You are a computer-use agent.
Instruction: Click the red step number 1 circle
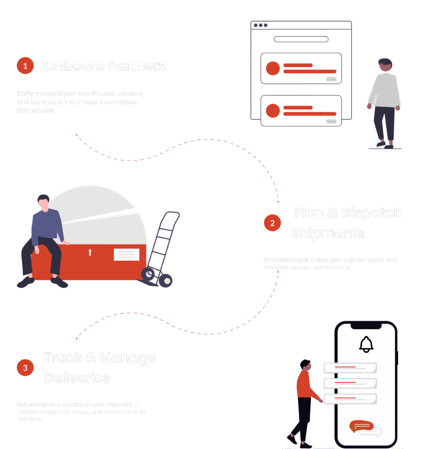pyautogui.click(x=25, y=66)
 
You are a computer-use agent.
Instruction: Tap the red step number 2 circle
pyautogui.click(x=272, y=223)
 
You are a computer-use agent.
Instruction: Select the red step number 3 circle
pyautogui.click(x=25, y=367)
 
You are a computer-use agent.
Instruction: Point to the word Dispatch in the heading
pyautogui.click(x=371, y=213)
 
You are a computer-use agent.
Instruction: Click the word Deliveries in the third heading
pyautogui.click(x=77, y=378)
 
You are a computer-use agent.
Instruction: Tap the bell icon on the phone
pyautogui.click(x=366, y=345)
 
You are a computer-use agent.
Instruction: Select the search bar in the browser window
pyautogui.click(x=301, y=39)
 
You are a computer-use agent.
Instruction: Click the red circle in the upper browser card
pyautogui.click(x=273, y=68)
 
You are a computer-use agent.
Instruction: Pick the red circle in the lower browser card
pyautogui.click(x=273, y=110)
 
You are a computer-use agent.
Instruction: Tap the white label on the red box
pyautogui.click(x=126, y=254)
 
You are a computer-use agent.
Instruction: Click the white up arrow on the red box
pyautogui.click(x=90, y=252)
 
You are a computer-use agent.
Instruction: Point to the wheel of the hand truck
pyautogui.click(x=165, y=280)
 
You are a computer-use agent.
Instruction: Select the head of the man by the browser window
pyautogui.click(x=385, y=65)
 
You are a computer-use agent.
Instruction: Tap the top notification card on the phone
pyautogui.click(x=349, y=368)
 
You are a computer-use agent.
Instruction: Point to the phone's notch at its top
pyautogui.click(x=366, y=325)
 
